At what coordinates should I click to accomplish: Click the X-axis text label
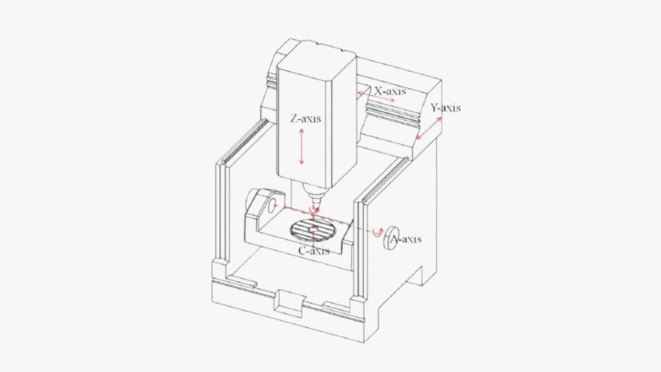click(389, 91)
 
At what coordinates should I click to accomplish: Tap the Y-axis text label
click(445, 108)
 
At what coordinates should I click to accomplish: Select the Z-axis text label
click(306, 118)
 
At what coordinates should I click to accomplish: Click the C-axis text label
click(314, 251)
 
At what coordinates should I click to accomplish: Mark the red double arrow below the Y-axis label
click(429, 128)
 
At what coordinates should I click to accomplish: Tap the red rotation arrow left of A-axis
click(377, 232)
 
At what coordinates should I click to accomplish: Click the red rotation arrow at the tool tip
click(315, 209)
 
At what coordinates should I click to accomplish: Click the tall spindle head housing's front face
click(303, 125)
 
